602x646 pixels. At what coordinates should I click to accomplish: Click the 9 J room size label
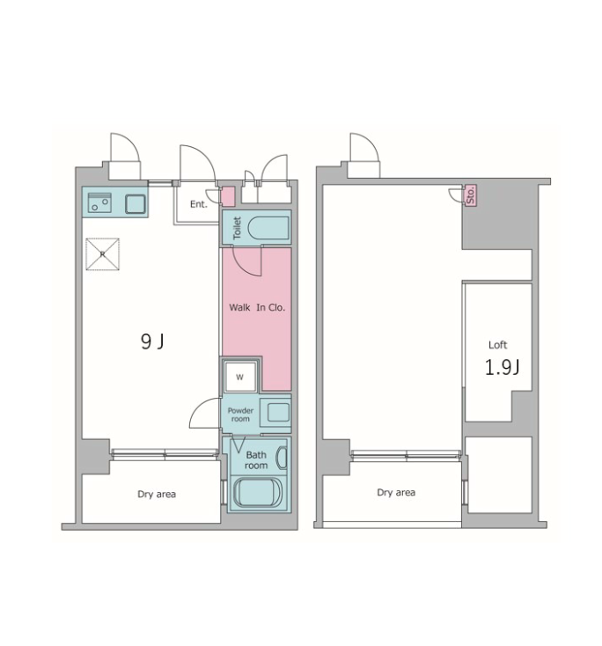coord(152,341)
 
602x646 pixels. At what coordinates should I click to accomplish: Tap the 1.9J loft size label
coord(502,367)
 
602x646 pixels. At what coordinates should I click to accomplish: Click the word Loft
coord(497,345)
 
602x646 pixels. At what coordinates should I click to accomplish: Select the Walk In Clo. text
coord(257,307)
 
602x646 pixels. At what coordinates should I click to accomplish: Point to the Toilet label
coord(237,228)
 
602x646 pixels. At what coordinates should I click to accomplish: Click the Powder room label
coord(240,415)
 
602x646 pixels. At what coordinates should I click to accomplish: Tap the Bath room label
coord(256,460)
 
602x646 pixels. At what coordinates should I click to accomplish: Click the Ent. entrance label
coord(199,204)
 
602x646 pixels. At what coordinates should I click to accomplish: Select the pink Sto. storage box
coord(471,195)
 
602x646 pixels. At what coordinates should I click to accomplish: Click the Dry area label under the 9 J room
coord(157,494)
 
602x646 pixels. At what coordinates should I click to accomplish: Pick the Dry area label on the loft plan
coord(396,492)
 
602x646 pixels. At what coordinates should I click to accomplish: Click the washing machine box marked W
coord(239,377)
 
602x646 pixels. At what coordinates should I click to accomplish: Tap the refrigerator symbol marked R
coord(103,254)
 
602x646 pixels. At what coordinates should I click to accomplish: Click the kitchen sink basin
coord(136,204)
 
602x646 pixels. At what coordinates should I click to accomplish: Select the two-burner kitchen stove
coord(99,202)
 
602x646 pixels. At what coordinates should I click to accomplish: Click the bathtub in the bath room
coord(257,492)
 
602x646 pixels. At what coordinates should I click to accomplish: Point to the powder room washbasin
coord(278,412)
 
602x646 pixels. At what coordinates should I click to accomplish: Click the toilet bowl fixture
coord(268,228)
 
